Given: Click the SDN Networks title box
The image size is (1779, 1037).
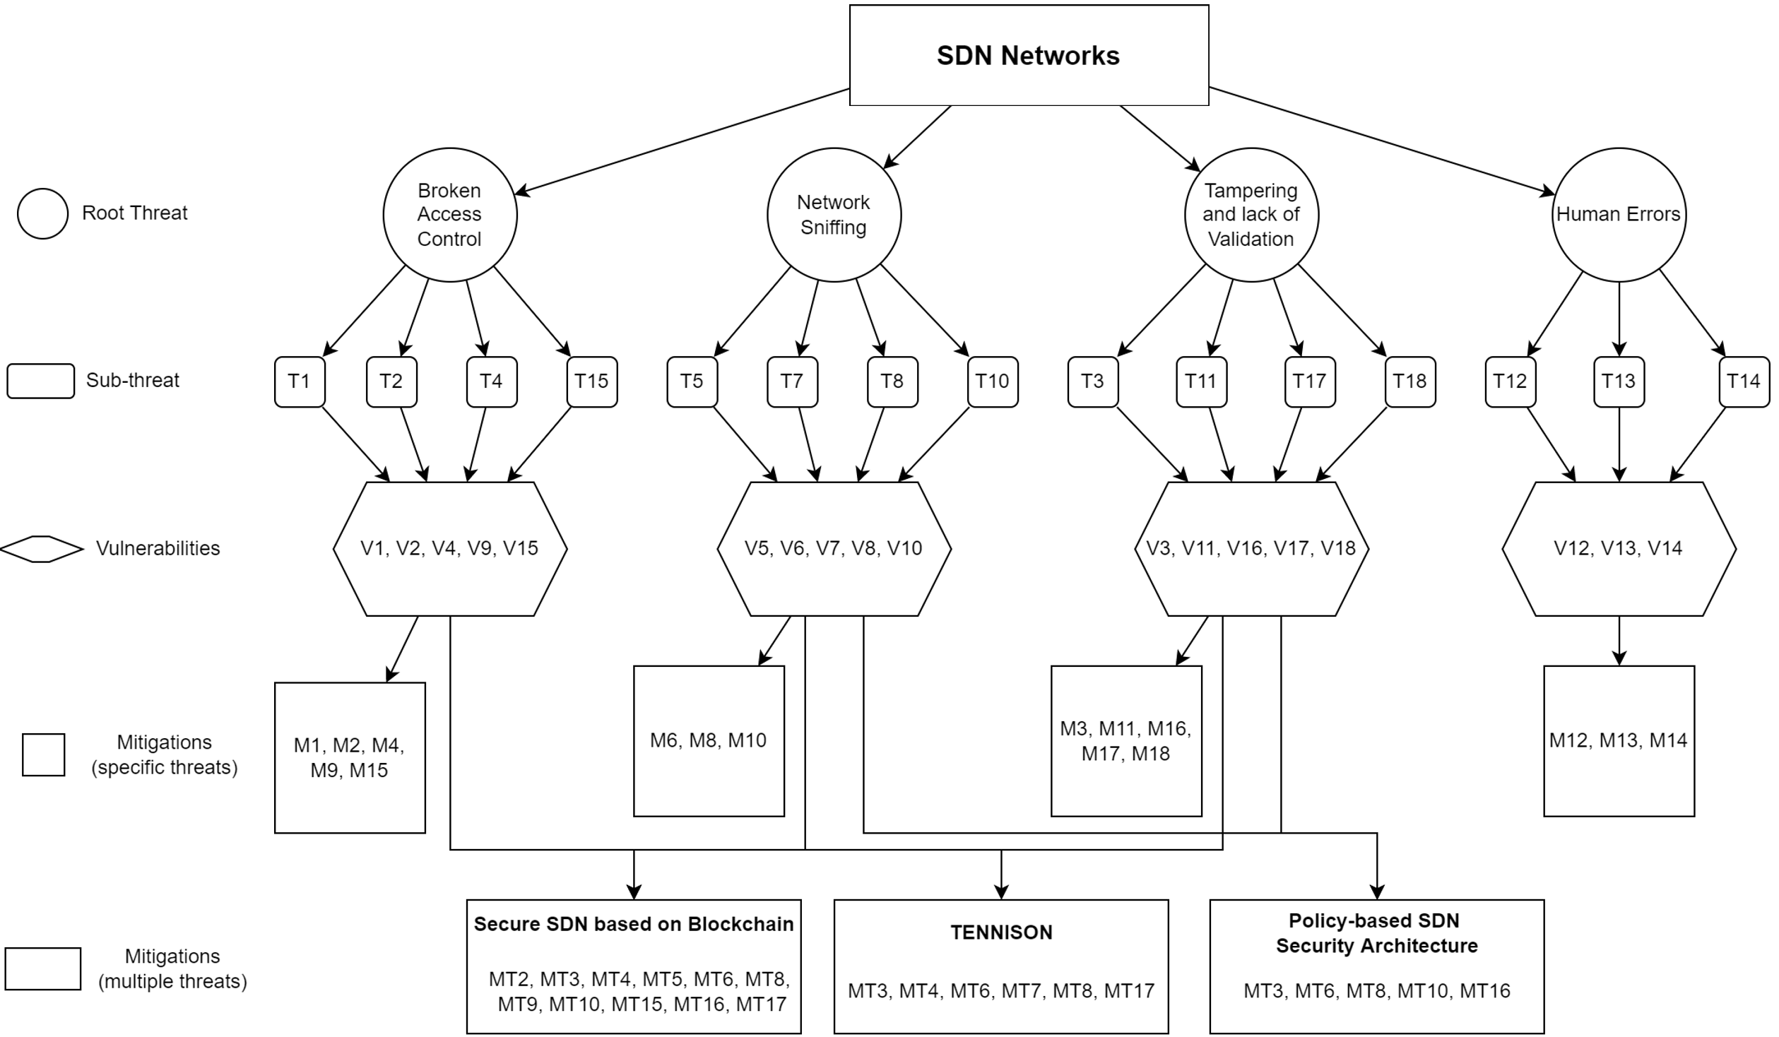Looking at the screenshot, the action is click(x=1029, y=55).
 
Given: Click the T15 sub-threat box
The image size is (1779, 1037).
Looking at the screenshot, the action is click(x=592, y=381).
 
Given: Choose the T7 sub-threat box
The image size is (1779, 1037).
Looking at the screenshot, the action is click(x=792, y=381).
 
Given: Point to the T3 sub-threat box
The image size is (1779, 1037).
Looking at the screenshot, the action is click(x=1093, y=381).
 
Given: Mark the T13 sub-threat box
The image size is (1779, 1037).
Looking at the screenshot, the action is click(x=1619, y=381).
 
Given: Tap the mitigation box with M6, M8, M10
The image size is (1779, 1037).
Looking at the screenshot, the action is click(x=709, y=741).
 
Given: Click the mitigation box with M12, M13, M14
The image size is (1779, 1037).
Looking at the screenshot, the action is click(x=1619, y=741).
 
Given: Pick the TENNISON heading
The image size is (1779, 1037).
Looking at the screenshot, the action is click(x=1001, y=932).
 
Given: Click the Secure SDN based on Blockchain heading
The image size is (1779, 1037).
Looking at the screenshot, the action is click(x=634, y=924).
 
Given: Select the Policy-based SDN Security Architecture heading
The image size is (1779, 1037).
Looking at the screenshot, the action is click(x=1376, y=933).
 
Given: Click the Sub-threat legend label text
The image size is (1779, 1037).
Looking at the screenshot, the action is click(x=133, y=380).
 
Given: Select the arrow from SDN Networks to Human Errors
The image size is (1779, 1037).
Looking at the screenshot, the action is click(x=1382, y=141).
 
